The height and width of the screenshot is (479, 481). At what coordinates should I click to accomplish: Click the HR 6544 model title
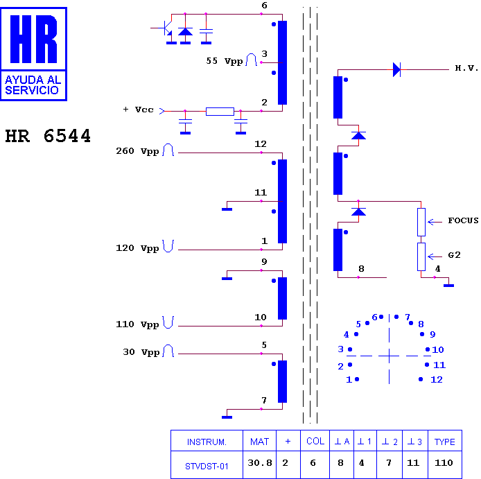point(48,136)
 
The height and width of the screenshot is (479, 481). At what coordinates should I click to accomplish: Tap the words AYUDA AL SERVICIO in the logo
point(33,85)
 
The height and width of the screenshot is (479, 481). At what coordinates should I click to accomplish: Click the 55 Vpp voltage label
point(225,61)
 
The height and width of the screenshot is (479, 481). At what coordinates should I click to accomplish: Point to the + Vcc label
point(138,110)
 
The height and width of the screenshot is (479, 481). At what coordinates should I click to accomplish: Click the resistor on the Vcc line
point(220,112)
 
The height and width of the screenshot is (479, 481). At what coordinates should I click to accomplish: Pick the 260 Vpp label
point(137,151)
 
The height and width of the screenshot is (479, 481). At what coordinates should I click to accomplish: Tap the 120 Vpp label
point(137,248)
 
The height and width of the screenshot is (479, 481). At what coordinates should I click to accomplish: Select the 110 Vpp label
point(137,324)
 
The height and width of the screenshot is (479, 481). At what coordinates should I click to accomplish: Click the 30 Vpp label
point(141,352)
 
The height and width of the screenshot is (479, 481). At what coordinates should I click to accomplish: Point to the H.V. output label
point(466,68)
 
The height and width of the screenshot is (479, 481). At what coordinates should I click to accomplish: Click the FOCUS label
point(463,220)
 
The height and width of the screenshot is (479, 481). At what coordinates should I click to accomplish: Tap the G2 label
point(454,255)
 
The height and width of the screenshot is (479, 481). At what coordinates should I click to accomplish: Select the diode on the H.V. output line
point(397,69)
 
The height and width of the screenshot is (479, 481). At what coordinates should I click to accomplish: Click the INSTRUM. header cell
point(207,442)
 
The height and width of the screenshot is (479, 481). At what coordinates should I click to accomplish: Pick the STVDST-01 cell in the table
point(207,467)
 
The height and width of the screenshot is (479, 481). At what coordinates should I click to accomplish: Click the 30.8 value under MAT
point(260,463)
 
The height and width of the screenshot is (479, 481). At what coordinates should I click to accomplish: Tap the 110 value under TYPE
point(444,463)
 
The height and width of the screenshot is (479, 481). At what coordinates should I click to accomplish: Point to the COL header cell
point(315,442)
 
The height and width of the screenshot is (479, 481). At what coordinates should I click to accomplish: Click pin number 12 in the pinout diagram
point(437,380)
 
